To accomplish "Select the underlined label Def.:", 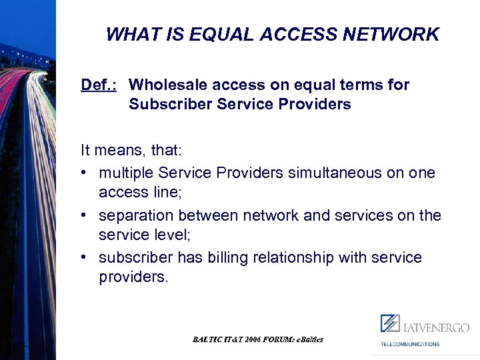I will tap(99, 85).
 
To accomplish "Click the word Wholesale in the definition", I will tap(163, 85).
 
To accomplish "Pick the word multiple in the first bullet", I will tap(126, 173).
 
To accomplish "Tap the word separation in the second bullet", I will tap(135, 215).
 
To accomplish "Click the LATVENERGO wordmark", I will tap(436, 327).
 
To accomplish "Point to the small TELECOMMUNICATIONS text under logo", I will tap(410, 344).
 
